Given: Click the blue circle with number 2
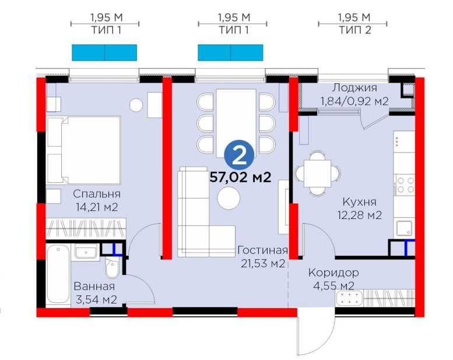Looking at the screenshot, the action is pyautogui.click(x=239, y=156).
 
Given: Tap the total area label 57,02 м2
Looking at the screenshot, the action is pyautogui.click(x=240, y=177).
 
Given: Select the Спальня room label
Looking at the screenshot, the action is pyautogui.click(x=97, y=194).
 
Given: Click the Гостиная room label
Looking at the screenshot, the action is pyautogui.click(x=262, y=250).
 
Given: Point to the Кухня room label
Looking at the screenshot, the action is pyautogui.click(x=359, y=202).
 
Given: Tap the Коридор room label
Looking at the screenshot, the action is pyautogui.click(x=333, y=273).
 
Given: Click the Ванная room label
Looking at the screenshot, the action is pyautogui.click(x=94, y=287).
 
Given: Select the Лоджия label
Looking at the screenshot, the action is pyautogui.click(x=354, y=88).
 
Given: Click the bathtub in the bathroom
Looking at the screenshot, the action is pyautogui.click(x=58, y=274).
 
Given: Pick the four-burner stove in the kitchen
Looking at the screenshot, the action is pyautogui.click(x=405, y=185).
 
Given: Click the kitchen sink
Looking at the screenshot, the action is pyautogui.click(x=405, y=228).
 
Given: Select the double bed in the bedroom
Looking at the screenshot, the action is pyautogui.click(x=84, y=150).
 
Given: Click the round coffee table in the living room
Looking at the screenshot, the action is pyautogui.click(x=229, y=198).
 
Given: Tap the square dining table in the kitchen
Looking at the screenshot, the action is pyautogui.click(x=317, y=174).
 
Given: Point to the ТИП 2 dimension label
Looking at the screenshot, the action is pyautogui.click(x=355, y=30).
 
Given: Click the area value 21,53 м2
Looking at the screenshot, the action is pyautogui.click(x=263, y=263).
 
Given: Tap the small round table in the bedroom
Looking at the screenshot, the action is pyautogui.click(x=136, y=105).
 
